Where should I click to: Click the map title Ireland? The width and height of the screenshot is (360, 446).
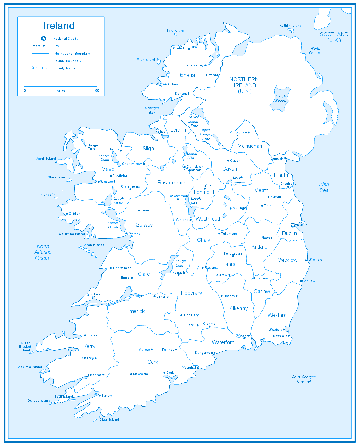59,26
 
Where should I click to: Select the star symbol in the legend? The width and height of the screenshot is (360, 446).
44,38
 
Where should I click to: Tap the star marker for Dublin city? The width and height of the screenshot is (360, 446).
293,225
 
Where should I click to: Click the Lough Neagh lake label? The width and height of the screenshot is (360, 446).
281,99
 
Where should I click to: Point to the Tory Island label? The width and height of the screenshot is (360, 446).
175,31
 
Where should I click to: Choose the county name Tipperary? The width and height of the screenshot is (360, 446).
191,293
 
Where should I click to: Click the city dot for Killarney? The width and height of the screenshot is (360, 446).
96,358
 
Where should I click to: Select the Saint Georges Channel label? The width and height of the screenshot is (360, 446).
304,379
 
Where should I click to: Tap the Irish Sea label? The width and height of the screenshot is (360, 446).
324,187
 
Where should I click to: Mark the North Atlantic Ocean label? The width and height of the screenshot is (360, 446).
43,252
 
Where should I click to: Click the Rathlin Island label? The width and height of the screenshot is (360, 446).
290,26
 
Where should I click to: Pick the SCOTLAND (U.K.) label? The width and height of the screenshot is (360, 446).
334,37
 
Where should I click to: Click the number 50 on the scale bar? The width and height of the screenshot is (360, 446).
97,91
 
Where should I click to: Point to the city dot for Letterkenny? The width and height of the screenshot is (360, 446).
206,65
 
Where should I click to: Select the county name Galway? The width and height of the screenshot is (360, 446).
144,225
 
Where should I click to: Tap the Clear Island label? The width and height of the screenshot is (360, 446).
109,420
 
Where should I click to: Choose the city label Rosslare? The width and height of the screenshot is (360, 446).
280,336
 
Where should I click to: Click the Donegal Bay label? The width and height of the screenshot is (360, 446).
152,110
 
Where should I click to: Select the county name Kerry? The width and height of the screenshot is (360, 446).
89,346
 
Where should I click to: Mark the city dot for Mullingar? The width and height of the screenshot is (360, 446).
230,208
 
